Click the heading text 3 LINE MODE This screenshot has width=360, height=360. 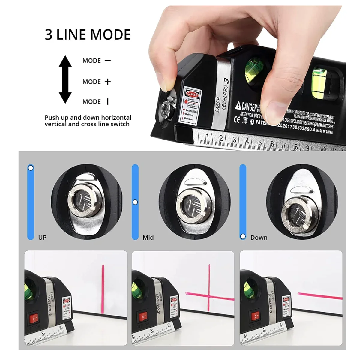[x=88, y=34]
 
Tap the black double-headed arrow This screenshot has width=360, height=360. [x=65, y=79]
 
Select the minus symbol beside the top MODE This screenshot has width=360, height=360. [x=108, y=61]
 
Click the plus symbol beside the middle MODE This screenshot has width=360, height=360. [x=108, y=82]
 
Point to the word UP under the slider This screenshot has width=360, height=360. [x=42, y=238]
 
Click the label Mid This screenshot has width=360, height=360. [x=148, y=238]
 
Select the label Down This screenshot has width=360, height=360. [x=259, y=238]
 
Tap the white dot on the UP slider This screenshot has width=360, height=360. [x=31, y=168]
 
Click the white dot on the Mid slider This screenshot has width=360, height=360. [x=135, y=202]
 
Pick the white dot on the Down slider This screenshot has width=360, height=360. [x=243, y=237]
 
